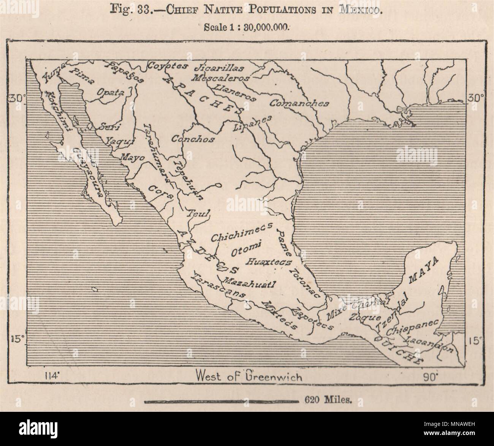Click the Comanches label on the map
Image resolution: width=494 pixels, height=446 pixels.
click(x=299, y=103)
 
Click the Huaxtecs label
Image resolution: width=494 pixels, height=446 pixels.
click(x=269, y=262)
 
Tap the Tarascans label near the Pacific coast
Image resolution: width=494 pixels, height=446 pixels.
click(x=218, y=285)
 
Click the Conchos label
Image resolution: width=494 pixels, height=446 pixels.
click(x=193, y=139)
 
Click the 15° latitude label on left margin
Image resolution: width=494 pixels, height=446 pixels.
click(x=16, y=339)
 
